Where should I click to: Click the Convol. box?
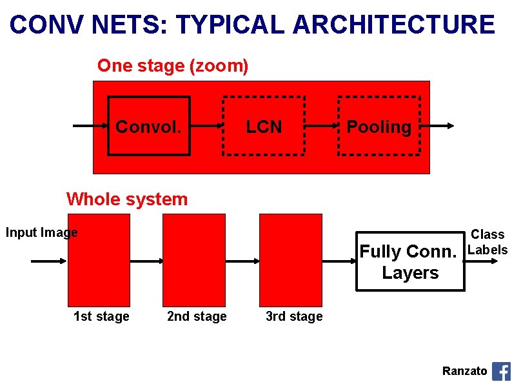pyautogui.click(x=148, y=126)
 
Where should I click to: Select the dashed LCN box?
pyautogui.click(x=264, y=126)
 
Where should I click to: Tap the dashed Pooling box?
pyautogui.click(x=379, y=126)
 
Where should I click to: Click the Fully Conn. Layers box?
pyautogui.click(x=410, y=261)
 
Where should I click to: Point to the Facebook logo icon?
pyautogui.click(x=501, y=371)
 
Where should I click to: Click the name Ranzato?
pyautogui.click(x=464, y=371)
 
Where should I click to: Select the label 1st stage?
pyautogui.click(x=101, y=316)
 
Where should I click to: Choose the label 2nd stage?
pyautogui.click(x=197, y=316)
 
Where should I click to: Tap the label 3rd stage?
pyautogui.click(x=294, y=316)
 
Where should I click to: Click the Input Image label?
pyautogui.click(x=41, y=232)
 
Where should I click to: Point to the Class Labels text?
pyautogui.click(x=487, y=242)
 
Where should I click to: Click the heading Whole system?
pyautogui.click(x=127, y=199)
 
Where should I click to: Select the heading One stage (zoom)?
pyautogui.click(x=173, y=66)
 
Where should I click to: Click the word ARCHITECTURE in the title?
pyautogui.click(x=393, y=25)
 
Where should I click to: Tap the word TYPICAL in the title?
pyautogui.click(x=230, y=25)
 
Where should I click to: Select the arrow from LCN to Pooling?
pyautogui.click(x=321, y=126)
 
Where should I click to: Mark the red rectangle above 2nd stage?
pyautogui.click(x=194, y=259)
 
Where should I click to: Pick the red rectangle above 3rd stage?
pyautogui.click(x=290, y=259)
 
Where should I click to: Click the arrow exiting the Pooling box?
pyautogui.click(x=438, y=126)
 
